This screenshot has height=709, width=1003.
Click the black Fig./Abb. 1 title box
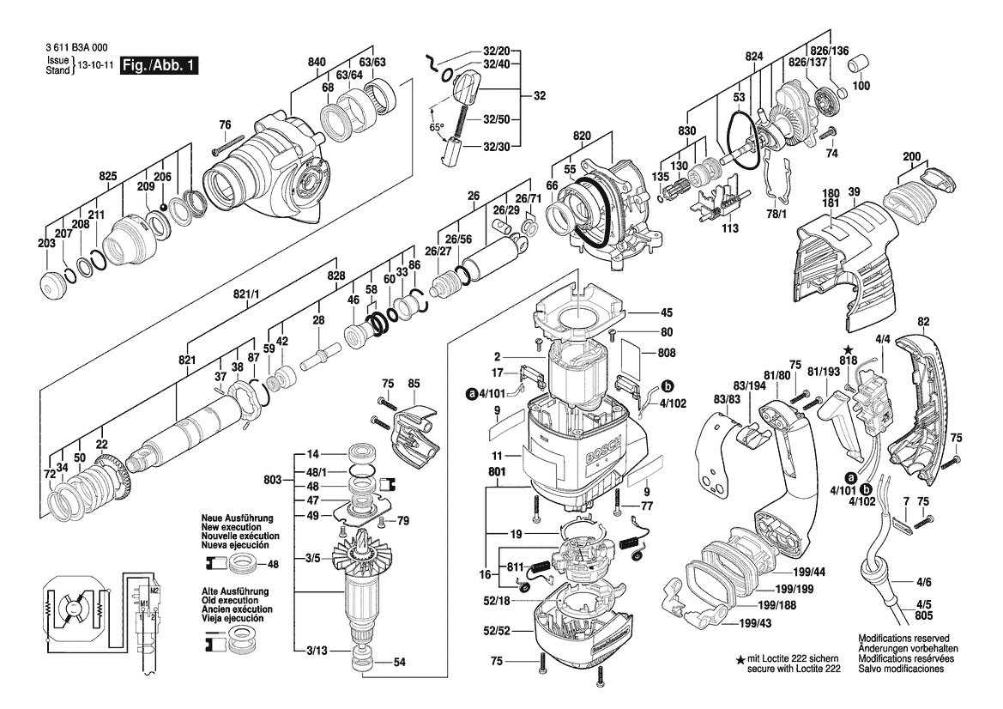160,66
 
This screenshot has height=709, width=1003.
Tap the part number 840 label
317,62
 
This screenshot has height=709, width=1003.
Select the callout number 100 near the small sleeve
861,85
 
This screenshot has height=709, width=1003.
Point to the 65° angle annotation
437,127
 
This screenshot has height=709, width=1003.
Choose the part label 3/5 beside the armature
313,559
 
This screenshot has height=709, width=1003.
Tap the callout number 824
754,57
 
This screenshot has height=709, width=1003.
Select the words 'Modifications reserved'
903,638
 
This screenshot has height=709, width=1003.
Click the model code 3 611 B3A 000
76,47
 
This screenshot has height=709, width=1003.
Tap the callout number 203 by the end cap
46,243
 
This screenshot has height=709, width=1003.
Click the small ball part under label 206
164,208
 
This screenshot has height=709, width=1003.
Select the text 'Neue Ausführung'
237,518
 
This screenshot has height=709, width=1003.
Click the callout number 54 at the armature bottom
399,663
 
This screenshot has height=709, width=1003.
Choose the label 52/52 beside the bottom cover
497,631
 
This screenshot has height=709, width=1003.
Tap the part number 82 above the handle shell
923,322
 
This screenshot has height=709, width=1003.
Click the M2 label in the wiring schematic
154,589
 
